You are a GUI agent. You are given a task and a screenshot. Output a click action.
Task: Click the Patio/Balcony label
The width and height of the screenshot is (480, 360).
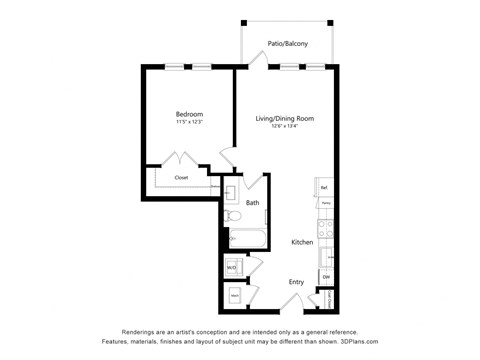click(x=287, y=44)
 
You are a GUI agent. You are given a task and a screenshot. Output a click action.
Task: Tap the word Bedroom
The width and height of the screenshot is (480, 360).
click(x=189, y=114)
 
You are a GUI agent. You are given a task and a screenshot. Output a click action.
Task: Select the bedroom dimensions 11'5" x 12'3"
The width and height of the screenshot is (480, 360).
click(x=189, y=122)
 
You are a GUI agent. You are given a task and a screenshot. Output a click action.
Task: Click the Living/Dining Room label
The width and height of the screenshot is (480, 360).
click(x=285, y=119)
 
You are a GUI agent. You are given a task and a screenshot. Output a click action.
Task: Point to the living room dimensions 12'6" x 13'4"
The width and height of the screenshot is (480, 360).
click(x=285, y=127)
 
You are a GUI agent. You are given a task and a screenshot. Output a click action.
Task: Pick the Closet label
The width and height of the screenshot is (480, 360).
click(x=181, y=178)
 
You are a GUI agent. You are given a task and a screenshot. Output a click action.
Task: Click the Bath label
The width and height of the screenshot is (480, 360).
click(x=253, y=203)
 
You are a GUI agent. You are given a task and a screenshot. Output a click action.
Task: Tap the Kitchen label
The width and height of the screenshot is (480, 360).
click(x=303, y=243)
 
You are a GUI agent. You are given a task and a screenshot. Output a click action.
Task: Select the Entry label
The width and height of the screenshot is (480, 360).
click(x=296, y=282)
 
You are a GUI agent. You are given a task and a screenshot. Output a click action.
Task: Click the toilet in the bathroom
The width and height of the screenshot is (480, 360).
click(x=232, y=215)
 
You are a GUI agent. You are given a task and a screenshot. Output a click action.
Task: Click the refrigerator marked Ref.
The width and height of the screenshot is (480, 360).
click(x=325, y=187)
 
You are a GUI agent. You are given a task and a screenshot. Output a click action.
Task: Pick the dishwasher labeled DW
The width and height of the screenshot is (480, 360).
click(x=326, y=277)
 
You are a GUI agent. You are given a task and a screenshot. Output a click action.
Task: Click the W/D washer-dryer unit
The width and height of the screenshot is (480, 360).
click(x=231, y=267)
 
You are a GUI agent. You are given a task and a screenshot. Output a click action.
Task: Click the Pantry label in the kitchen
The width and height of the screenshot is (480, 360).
click(x=326, y=203)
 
